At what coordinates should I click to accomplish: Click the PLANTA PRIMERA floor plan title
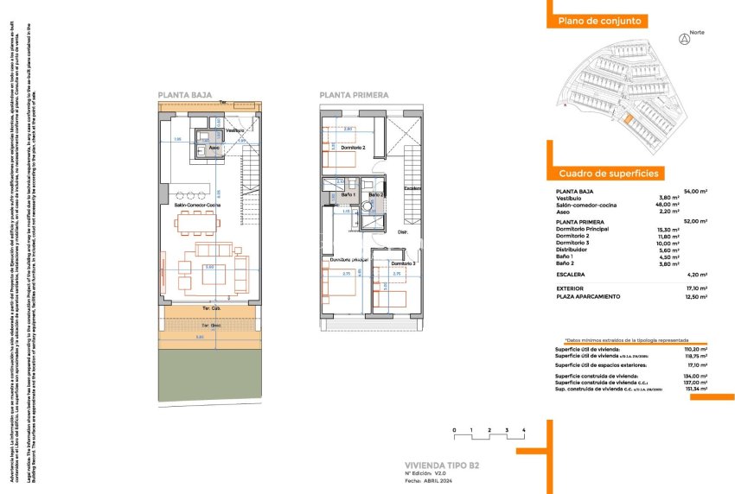[354, 96]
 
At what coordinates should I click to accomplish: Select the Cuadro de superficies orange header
[608, 174]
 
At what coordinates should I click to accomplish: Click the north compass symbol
[685, 39]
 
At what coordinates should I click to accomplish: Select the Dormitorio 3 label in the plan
[403, 263]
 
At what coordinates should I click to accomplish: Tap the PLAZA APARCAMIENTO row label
[589, 296]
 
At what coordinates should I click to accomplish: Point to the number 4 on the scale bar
[524, 429]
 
